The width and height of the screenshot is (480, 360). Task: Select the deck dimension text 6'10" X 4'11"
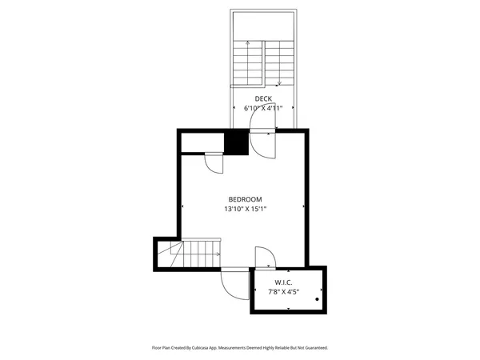click(263, 107)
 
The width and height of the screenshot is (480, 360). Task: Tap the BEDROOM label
click(245, 199)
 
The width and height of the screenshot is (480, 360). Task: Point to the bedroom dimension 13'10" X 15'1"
click(245, 209)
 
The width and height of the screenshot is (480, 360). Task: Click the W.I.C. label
click(283, 283)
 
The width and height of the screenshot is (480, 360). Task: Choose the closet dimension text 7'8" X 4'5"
click(283, 293)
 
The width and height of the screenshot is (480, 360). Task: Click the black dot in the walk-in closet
click(318, 300)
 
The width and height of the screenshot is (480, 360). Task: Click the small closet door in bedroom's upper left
click(214, 162)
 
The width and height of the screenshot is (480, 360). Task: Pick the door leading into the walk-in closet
click(265, 258)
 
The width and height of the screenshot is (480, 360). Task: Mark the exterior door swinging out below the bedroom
click(235, 282)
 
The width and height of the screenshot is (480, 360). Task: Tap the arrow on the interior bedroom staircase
click(218, 254)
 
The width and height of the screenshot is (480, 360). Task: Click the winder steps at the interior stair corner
click(171, 255)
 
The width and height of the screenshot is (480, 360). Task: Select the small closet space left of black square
click(202, 143)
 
